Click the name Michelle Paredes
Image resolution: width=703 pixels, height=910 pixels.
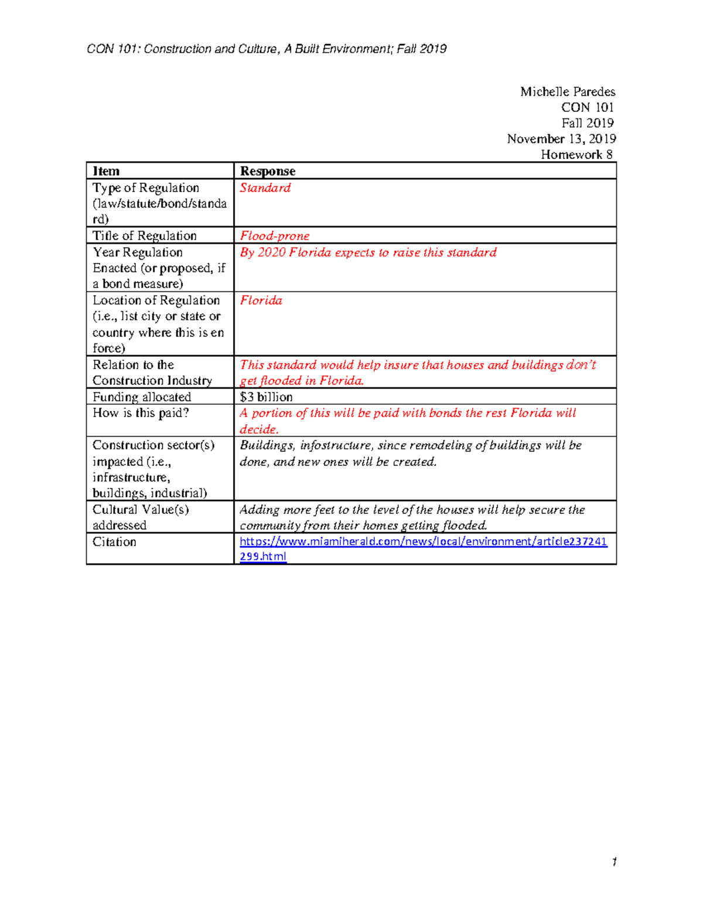[x=567, y=91]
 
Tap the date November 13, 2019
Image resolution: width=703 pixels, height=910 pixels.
[x=561, y=139]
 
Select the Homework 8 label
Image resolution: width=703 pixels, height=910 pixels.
[x=576, y=155]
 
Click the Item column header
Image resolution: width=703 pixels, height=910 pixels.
[x=106, y=171]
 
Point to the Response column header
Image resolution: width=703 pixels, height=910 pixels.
[x=267, y=171]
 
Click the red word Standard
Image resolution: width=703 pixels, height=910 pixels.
[x=265, y=188]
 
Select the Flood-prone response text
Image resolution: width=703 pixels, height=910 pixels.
[x=274, y=236]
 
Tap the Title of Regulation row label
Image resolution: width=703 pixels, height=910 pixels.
[x=144, y=236]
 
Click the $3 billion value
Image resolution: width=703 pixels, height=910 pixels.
[x=266, y=397]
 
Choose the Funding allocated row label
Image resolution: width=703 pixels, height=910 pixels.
[x=142, y=397]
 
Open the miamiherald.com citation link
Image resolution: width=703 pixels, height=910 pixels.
[x=423, y=541]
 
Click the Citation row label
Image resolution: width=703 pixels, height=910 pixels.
[x=114, y=541]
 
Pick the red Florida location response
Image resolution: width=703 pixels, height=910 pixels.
[x=261, y=301]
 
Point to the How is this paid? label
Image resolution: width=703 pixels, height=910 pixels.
[x=141, y=413]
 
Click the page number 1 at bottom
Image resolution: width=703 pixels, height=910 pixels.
[x=614, y=861]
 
